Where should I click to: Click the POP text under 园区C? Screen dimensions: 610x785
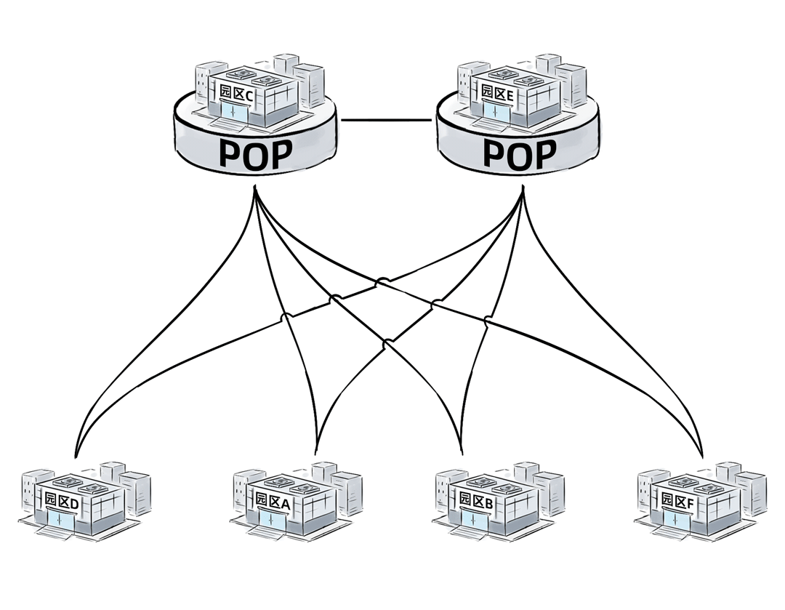[x=255, y=154]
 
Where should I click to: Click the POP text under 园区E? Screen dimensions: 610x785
[x=520, y=154]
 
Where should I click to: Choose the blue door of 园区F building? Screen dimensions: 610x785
[x=672, y=520]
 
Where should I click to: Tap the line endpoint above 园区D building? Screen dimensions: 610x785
[x=75, y=455]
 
